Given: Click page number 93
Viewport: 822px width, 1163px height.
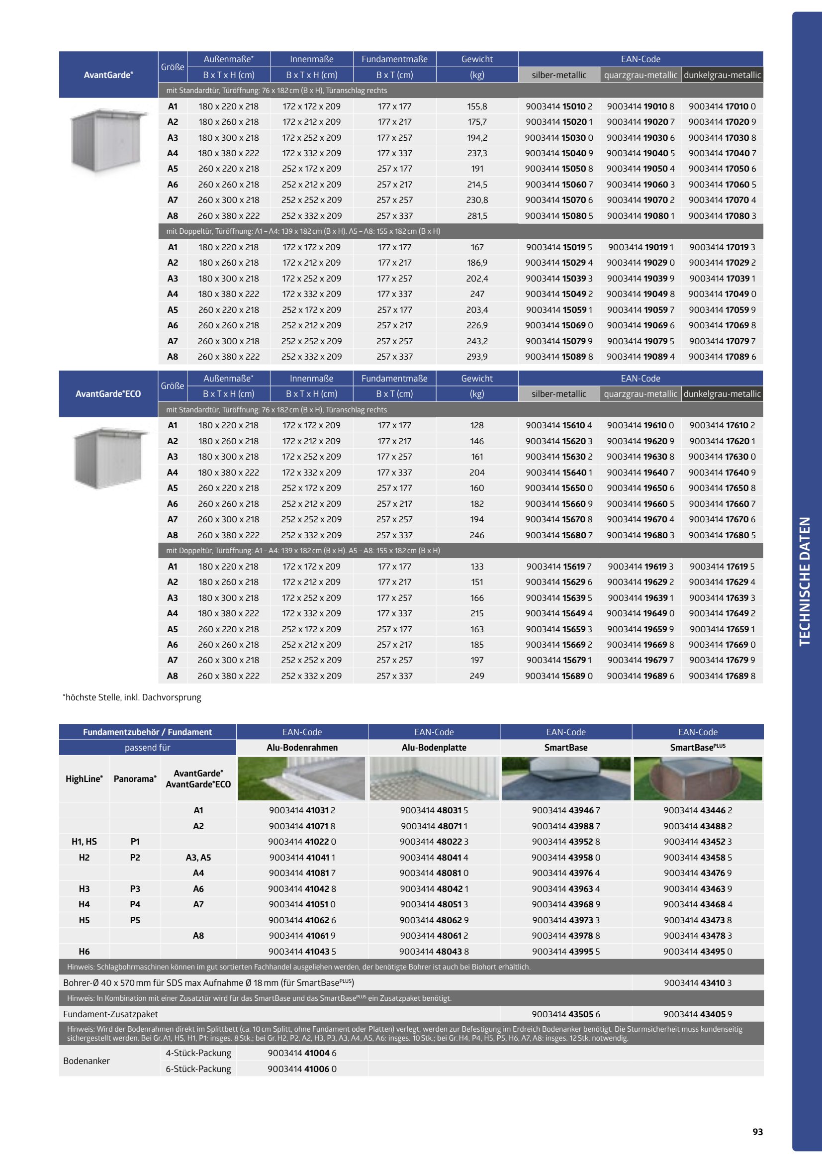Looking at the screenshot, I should coord(757,1132).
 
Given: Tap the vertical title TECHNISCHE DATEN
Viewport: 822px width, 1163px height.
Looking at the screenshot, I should coord(804,581).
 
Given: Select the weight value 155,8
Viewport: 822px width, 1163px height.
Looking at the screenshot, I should coord(476,106).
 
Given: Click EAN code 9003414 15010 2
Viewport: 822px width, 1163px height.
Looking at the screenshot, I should coord(558,106).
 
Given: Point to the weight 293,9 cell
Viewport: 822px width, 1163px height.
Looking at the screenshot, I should coord(476,357).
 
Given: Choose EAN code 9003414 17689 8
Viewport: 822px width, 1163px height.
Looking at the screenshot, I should coord(722,676).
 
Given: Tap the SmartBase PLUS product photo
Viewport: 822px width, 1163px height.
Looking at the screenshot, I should coord(697,778).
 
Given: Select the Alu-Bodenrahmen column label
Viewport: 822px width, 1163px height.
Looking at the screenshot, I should coord(302,748).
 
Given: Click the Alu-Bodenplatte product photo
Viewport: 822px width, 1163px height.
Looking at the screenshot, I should coord(434,778).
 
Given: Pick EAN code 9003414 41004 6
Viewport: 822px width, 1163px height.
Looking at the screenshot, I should coord(302,1053).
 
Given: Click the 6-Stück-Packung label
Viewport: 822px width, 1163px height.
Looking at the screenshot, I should coord(198,1069).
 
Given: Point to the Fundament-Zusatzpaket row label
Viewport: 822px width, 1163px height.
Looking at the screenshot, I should coord(110,1014).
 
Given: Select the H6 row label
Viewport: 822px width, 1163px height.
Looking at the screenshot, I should coord(84,951).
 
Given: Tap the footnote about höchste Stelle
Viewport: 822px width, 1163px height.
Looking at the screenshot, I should coord(132,697).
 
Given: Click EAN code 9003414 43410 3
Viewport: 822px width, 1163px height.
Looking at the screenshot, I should coord(697,982).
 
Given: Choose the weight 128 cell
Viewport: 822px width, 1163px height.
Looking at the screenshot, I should coord(476,425).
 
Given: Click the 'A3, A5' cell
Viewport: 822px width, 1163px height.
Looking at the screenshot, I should coord(198,858).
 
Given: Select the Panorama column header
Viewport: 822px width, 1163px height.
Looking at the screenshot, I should coord(135,778).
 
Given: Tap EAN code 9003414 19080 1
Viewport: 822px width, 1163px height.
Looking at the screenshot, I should coord(640,216).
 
